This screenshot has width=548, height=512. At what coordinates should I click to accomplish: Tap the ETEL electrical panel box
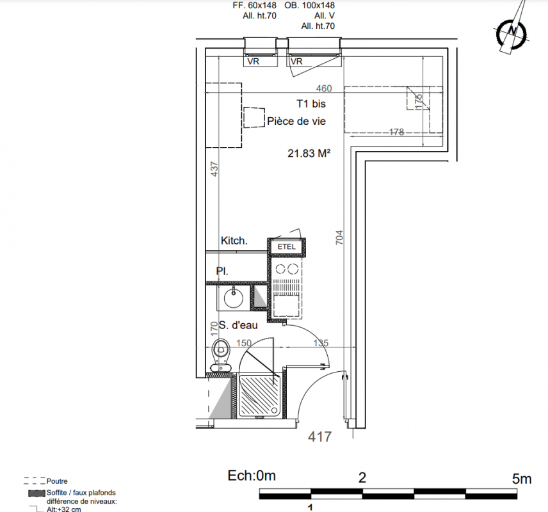click(x=287, y=247)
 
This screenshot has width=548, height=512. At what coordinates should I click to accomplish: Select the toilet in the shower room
click(x=221, y=355)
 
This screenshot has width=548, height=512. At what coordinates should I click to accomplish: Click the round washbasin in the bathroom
click(x=234, y=298)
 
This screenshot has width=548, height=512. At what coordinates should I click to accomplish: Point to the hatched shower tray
click(x=259, y=396)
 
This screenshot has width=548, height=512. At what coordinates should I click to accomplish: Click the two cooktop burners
click(x=286, y=269)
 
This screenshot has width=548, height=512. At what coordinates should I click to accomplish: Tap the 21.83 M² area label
click(x=309, y=153)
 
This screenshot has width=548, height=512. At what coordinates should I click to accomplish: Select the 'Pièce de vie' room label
click(x=296, y=121)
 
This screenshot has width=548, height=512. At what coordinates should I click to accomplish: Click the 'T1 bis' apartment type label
click(x=311, y=104)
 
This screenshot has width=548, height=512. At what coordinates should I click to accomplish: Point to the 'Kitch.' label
click(x=234, y=241)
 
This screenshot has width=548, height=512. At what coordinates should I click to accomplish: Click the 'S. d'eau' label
click(x=238, y=325)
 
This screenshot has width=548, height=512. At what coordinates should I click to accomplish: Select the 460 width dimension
click(x=324, y=88)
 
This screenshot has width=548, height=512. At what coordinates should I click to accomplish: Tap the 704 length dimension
click(x=339, y=237)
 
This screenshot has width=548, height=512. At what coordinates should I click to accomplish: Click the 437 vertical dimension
click(x=214, y=169)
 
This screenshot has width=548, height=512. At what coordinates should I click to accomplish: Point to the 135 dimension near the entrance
click(x=321, y=343)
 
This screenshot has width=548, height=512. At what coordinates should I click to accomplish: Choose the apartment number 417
click(x=320, y=437)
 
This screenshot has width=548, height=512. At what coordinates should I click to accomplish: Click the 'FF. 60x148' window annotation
click(x=254, y=6)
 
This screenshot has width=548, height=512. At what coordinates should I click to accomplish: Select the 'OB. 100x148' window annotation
click(x=310, y=6)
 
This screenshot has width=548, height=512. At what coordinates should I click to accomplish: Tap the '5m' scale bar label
click(x=522, y=479)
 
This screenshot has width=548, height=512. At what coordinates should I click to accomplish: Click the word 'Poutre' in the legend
click(x=57, y=481)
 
